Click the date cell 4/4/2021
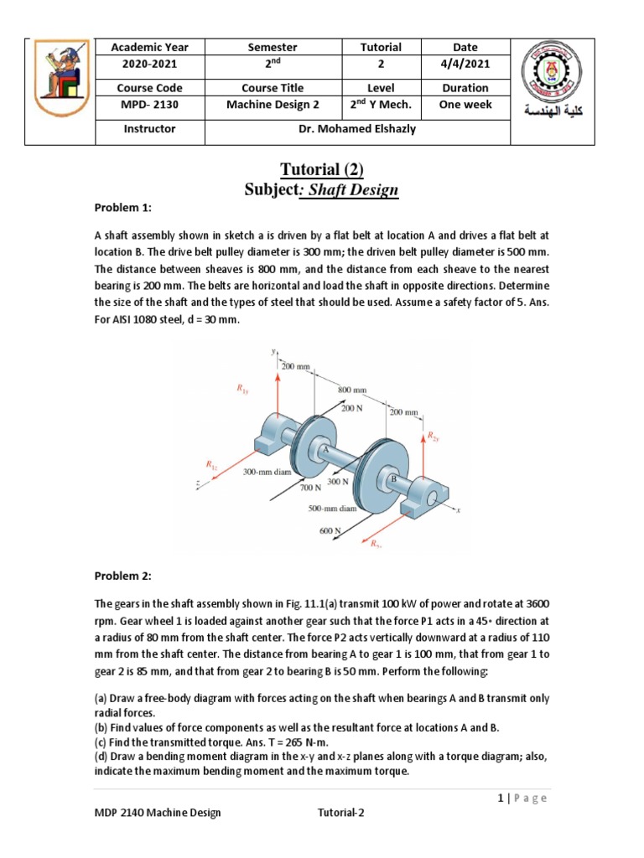465,65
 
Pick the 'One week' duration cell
465,105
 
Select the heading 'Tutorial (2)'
321,171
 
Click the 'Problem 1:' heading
121,207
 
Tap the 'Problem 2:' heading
121,576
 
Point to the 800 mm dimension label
352,390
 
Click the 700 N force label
310,486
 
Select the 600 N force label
329,530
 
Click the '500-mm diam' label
332,508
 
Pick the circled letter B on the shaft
392,479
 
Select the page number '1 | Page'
521,799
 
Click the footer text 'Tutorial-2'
341,812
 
